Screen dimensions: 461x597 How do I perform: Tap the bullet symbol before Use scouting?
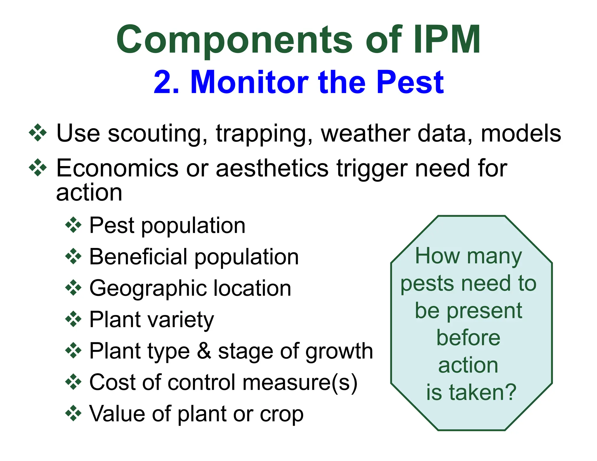pos(38,133)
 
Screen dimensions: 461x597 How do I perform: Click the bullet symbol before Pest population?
pos(73,225)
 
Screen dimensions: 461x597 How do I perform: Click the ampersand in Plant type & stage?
pos(204,351)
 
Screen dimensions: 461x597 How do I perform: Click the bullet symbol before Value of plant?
pos(73,413)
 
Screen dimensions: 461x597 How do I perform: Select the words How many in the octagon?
pos(468,256)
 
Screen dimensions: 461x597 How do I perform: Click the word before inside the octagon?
pos(468,338)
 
